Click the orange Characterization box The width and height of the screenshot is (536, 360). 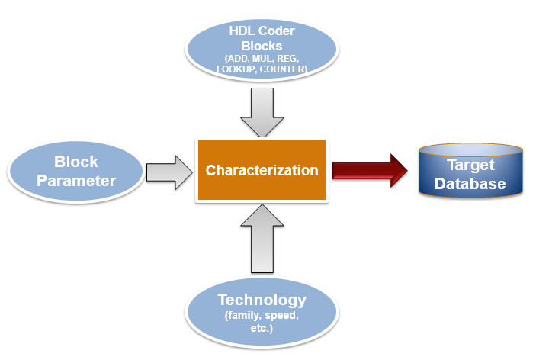click(262, 170)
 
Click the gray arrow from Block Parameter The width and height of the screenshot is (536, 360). click(168, 171)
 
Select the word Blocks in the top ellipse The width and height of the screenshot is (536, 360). click(262, 46)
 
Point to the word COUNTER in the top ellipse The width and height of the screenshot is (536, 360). click(283, 69)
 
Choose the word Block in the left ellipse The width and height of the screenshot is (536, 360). click(75, 162)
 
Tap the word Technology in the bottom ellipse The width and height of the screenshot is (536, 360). click(262, 300)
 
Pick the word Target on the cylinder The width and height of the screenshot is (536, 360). click(470, 165)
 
